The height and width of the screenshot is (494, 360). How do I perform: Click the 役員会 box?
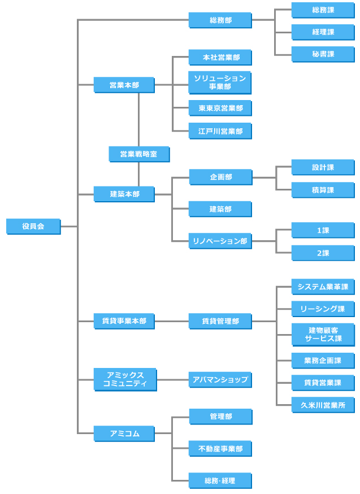[x=33, y=226]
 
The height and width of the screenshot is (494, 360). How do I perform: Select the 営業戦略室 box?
[x=139, y=154]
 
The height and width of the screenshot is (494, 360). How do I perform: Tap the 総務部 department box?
[x=220, y=20]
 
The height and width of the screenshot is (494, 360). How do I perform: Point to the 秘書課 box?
[x=323, y=54]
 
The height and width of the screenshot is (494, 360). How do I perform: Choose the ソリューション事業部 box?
[x=220, y=83]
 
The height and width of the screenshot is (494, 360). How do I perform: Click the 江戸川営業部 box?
[x=220, y=131]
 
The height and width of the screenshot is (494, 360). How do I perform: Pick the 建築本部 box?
[x=124, y=194]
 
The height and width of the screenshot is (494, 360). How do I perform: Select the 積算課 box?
[x=323, y=190]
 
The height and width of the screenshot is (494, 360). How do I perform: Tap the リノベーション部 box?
[x=220, y=241]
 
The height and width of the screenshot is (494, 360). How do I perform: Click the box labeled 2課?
[x=323, y=253]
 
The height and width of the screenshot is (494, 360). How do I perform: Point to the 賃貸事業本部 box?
[x=124, y=322]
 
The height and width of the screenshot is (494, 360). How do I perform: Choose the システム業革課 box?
[x=323, y=287]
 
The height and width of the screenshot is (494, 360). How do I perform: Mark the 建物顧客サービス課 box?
[x=323, y=335]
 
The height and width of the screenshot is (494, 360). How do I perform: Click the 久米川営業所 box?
[x=323, y=405]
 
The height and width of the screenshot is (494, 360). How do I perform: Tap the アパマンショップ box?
[x=220, y=380]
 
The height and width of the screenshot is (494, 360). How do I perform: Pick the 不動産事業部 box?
[x=220, y=449]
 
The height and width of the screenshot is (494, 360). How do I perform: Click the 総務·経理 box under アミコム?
[x=220, y=481]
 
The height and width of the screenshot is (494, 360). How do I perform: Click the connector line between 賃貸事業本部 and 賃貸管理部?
[x=172, y=322]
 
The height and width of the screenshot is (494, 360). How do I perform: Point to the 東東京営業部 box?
[x=220, y=108]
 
